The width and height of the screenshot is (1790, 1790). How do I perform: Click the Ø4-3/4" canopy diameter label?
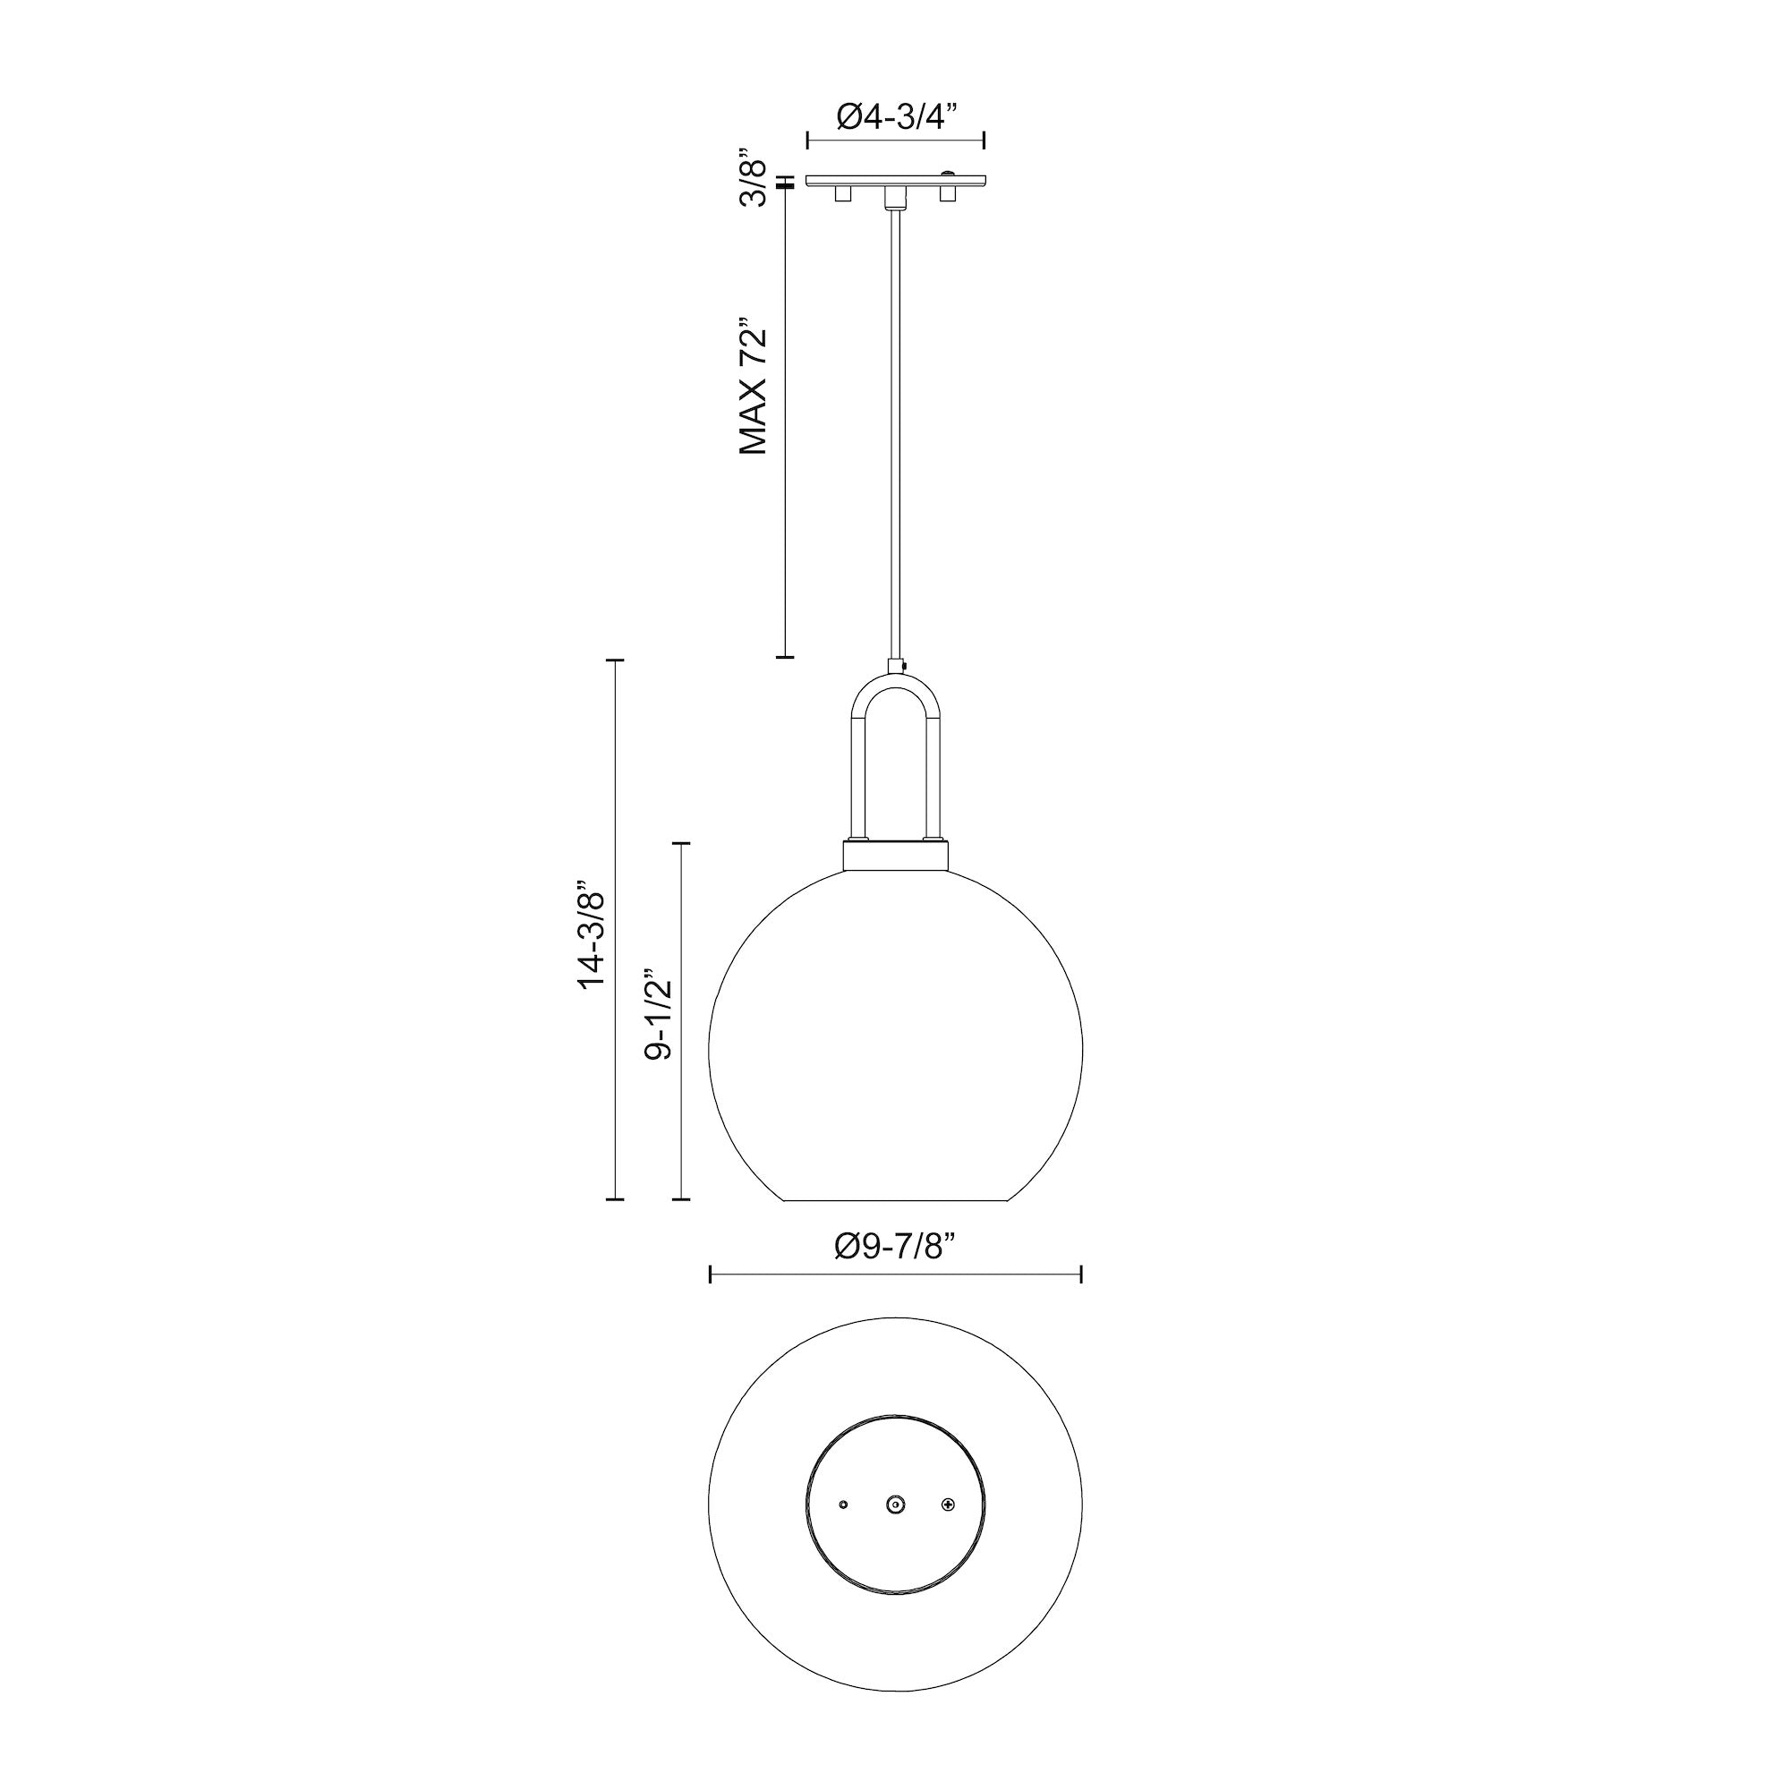tap(895, 116)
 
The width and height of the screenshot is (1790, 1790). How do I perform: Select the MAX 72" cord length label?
tap(754, 388)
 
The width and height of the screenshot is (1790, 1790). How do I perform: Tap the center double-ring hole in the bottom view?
tap(895, 1505)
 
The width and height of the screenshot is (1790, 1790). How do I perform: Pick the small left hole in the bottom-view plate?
tap(842, 1505)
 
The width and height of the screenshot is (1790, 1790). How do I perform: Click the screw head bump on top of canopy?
tap(948, 174)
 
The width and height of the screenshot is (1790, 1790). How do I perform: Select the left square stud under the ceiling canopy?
tap(842, 193)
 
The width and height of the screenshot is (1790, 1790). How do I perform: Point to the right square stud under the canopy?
tap(947, 193)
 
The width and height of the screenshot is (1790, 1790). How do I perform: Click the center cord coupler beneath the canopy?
tap(894, 196)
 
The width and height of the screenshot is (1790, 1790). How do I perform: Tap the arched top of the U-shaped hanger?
tap(895, 684)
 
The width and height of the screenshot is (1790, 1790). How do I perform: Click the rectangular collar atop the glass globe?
tap(895, 854)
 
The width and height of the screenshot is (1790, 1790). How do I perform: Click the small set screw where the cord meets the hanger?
tap(903, 664)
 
